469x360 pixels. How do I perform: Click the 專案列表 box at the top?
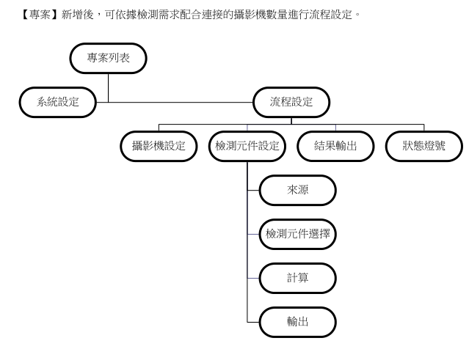pyautogui.click(x=109, y=59)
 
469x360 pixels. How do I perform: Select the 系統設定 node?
pyautogui.click(x=58, y=102)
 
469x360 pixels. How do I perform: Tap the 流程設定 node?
pyautogui.click(x=291, y=102)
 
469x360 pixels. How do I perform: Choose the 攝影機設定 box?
pyautogui.click(x=159, y=146)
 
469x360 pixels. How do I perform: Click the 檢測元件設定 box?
pyautogui.click(x=247, y=146)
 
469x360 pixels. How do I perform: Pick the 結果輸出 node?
pyautogui.click(x=335, y=146)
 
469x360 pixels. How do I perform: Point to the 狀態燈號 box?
pyautogui.click(x=423, y=146)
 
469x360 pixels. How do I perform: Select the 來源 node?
pyautogui.click(x=297, y=190)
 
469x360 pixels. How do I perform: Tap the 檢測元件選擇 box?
pyautogui.click(x=297, y=234)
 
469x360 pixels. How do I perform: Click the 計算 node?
pyautogui.click(x=297, y=278)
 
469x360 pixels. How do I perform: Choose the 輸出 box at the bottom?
pyautogui.click(x=297, y=322)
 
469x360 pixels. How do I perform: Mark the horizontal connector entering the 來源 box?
pyautogui.click(x=253, y=190)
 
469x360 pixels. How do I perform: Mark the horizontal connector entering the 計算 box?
pyautogui.click(x=253, y=278)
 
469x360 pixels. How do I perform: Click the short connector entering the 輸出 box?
pyautogui.click(x=253, y=322)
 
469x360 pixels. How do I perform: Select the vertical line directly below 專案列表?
pyautogui.click(x=109, y=87)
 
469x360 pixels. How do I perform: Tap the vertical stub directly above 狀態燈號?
pyautogui.click(x=423, y=127)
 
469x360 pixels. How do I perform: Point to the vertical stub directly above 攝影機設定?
pyautogui.click(x=159, y=127)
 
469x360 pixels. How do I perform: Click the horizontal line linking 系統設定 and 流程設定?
pyautogui.click(x=176, y=102)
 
